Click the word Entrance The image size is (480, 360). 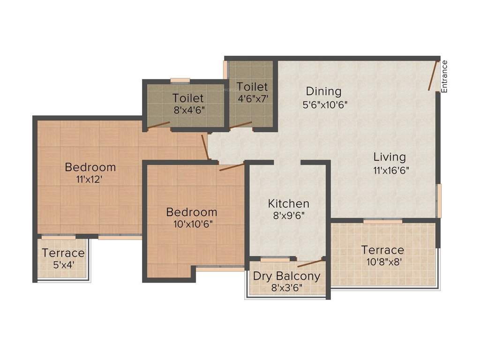point(444,76)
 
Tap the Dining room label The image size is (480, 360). point(324,91)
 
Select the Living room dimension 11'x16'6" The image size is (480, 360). point(391,171)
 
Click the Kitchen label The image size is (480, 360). point(289,203)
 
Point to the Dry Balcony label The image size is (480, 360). point(287,276)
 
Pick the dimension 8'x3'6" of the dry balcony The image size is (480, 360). point(287,287)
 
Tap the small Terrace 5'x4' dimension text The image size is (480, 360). point(63,265)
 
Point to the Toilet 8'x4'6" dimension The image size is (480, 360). point(188,110)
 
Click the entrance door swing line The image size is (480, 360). point(433,75)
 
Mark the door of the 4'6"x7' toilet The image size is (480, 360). point(240,126)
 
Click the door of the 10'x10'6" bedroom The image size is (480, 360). point(231,167)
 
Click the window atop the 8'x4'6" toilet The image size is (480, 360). point(180,81)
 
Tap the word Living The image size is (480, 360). point(390,157)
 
